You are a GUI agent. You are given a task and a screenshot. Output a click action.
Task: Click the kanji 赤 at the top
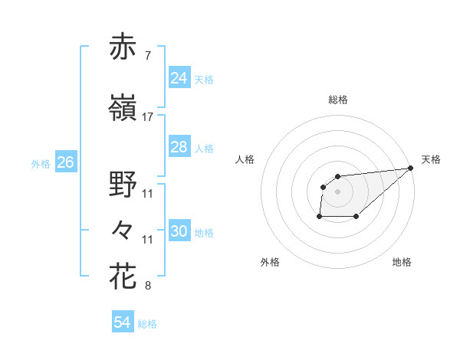pos(123,47)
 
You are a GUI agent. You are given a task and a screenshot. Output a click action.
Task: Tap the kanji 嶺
pos(123,110)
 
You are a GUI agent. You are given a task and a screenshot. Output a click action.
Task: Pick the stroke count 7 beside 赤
pos(147,56)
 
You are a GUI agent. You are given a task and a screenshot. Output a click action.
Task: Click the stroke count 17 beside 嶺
pos(148,117)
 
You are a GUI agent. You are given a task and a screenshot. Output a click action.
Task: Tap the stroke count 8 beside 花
pos(147,286)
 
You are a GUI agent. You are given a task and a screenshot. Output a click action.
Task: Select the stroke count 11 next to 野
pos(148,194)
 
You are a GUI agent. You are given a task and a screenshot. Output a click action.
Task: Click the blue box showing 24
pos(179,77)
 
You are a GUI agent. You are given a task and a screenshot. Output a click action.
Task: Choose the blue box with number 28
pos(179,147)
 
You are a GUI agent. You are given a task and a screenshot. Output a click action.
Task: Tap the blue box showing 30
pos(179,231)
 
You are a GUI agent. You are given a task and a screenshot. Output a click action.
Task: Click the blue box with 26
pos(65,162)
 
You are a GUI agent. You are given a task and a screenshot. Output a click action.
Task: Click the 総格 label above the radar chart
pos(338,100)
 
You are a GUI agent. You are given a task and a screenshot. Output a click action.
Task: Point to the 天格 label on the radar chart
pos(431,159)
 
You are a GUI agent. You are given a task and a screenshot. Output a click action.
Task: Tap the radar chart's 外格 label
pos(270,262)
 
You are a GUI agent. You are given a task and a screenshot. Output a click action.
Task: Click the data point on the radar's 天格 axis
pos(411,168)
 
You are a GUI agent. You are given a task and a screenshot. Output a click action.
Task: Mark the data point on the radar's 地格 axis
pos(356,217)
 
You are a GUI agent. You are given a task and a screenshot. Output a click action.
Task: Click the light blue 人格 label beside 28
pos(204,149)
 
